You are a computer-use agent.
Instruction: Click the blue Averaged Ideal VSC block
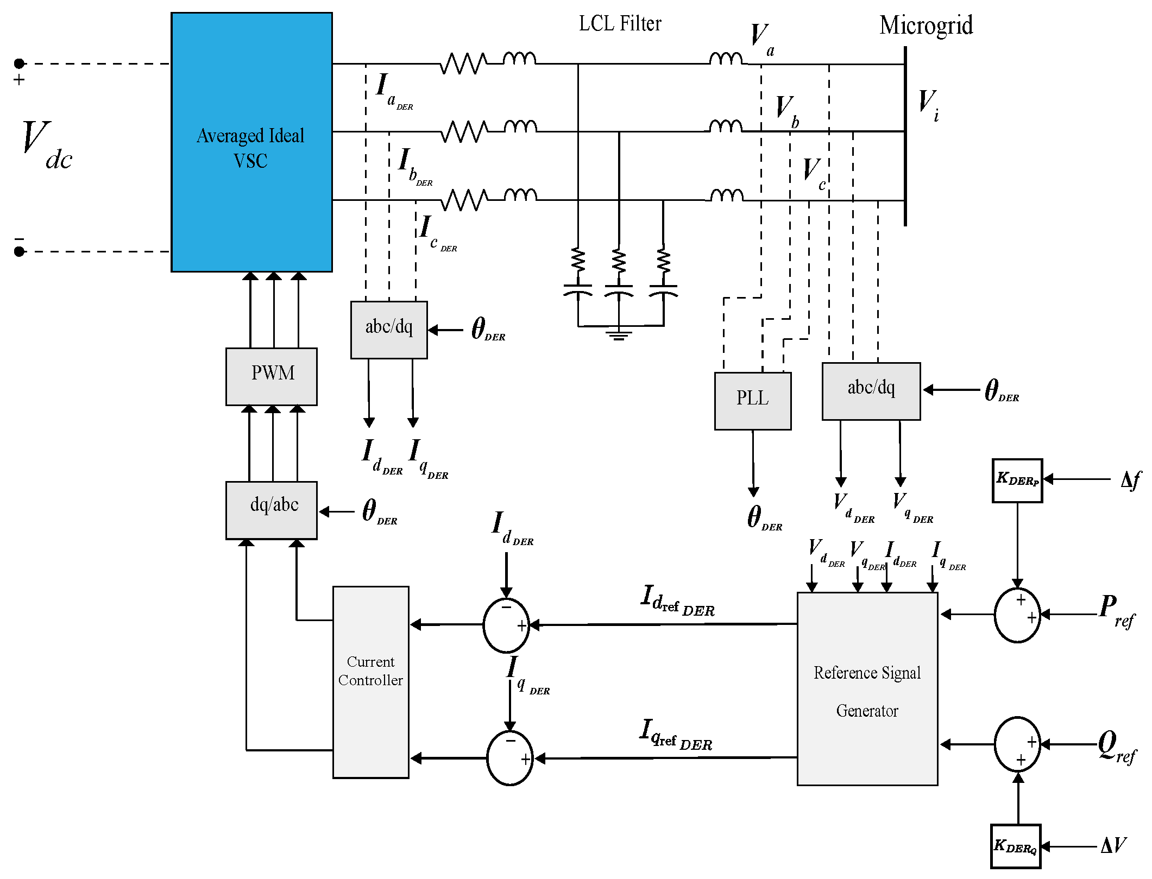tap(251, 142)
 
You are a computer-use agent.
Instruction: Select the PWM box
tap(272, 376)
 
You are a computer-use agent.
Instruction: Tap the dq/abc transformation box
tap(272, 510)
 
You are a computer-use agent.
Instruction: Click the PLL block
tap(752, 401)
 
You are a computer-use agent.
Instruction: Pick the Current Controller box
tap(370, 681)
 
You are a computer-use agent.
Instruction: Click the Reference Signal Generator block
tap(867, 688)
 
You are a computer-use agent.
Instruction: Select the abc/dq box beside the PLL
tap(871, 391)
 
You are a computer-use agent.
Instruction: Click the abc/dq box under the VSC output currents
tap(389, 330)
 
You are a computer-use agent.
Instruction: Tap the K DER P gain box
tap(1017, 480)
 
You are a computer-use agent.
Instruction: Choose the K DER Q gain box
tap(1015, 846)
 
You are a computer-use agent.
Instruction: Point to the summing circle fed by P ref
tap(1017, 615)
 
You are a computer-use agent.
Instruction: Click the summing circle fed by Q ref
tap(1017, 744)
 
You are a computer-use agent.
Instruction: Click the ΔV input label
tap(1113, 845)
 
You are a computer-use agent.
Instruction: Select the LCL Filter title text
tap(620, 24)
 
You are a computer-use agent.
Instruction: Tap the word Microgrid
tap(926, 26)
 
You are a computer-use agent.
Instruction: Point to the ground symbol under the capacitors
tap(619, 335)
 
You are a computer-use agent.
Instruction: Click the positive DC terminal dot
tap(20, 64)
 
